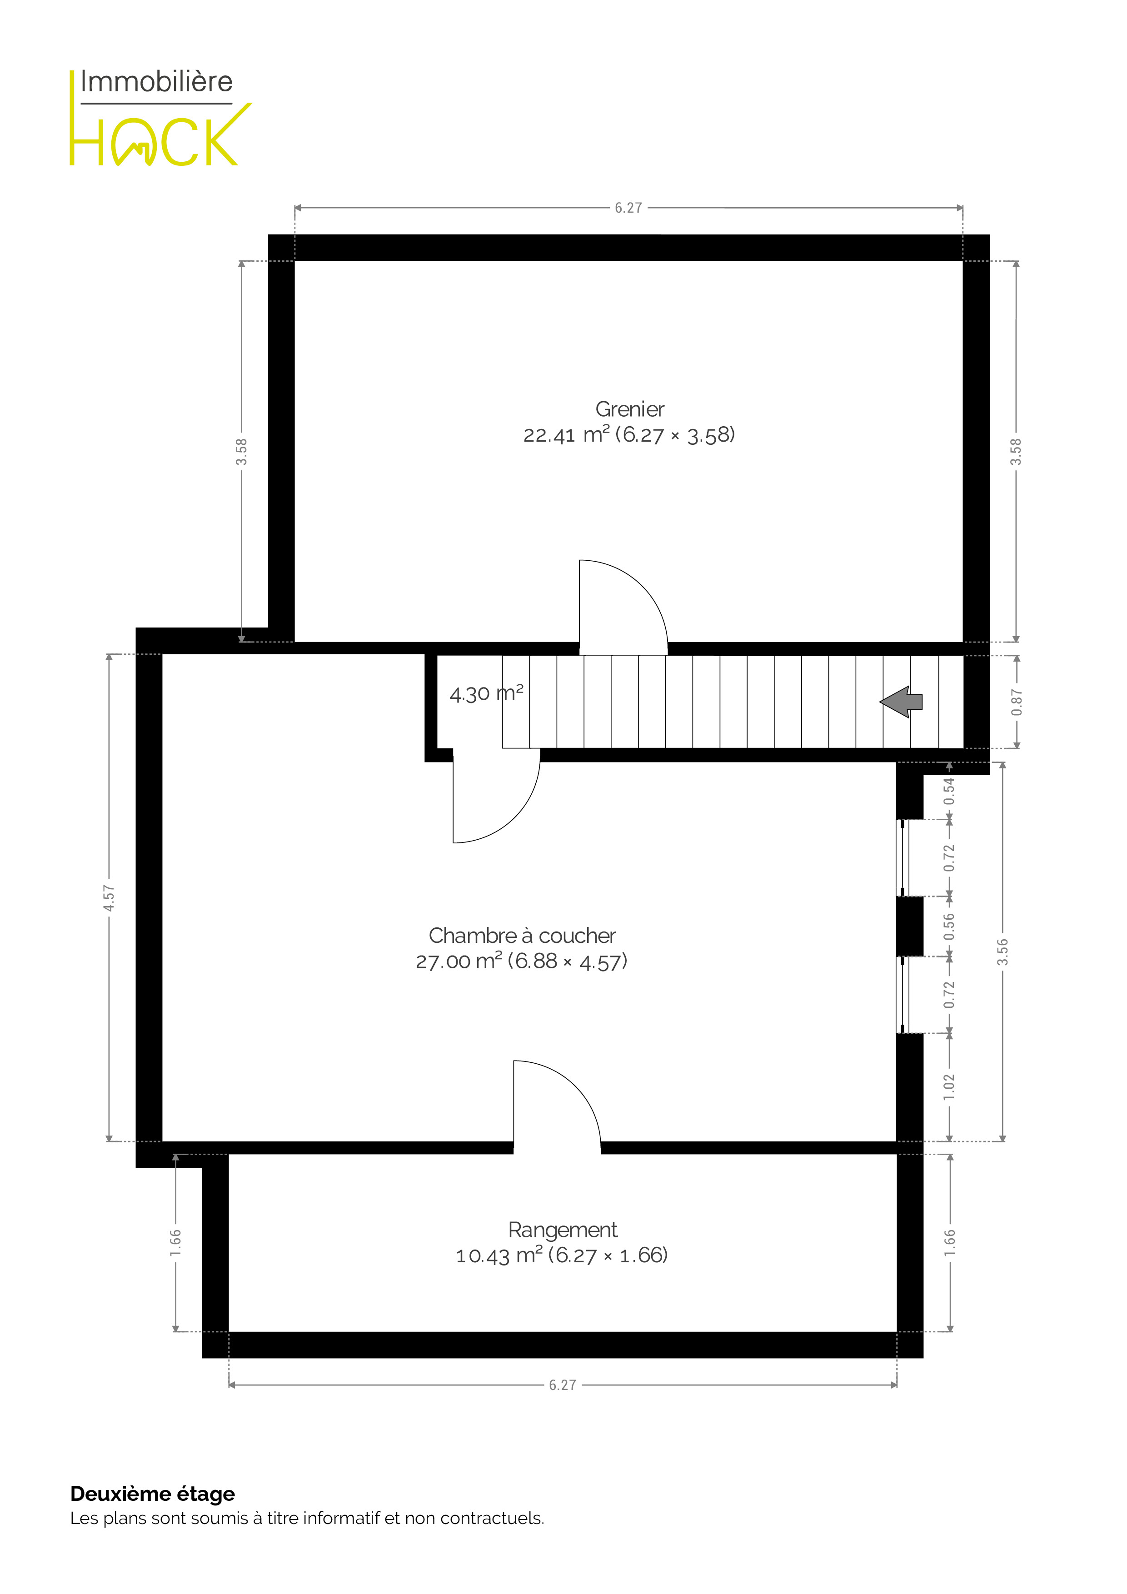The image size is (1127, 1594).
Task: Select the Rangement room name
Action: click(563, 1230)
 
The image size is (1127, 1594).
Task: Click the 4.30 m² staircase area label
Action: click(486, 693)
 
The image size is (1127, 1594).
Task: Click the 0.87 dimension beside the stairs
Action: click(1017, 702)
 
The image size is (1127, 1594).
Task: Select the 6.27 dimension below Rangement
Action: click(563, 1385)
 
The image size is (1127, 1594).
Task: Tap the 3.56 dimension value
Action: click(1002, 952)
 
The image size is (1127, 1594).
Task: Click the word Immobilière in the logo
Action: click(156, 81)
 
